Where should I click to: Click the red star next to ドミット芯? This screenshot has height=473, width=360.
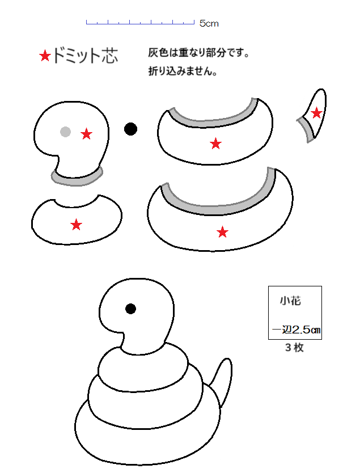point(45,56)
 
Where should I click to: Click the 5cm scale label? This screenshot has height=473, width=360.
point(209,23)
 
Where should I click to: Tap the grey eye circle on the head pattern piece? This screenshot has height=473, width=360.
point(65,132)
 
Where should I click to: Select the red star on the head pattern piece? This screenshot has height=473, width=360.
point(87,134)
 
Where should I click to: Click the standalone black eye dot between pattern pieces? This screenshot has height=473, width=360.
point(130,129)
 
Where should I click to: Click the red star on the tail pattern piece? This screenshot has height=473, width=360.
point(316,113)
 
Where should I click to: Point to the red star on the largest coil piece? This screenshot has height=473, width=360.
point(222,232)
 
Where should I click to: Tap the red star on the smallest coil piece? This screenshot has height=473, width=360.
point(77,225)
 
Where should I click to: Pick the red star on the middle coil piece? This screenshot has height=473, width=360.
point(215,143)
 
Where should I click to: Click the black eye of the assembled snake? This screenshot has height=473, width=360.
point(130,309)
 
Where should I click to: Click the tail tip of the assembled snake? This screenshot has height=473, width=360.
point(228,359)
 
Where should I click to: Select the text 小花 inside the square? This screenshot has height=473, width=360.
point(290,301)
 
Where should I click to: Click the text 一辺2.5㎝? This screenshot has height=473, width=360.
point(296,330)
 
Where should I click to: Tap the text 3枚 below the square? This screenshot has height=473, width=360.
point(294,348)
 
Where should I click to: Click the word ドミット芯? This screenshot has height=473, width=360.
point(85,56)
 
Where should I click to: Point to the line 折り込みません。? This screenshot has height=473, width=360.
point(183,71)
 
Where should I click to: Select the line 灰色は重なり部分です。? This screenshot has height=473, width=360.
point(198,53)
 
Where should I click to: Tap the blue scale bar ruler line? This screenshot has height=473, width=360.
point(140,23)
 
